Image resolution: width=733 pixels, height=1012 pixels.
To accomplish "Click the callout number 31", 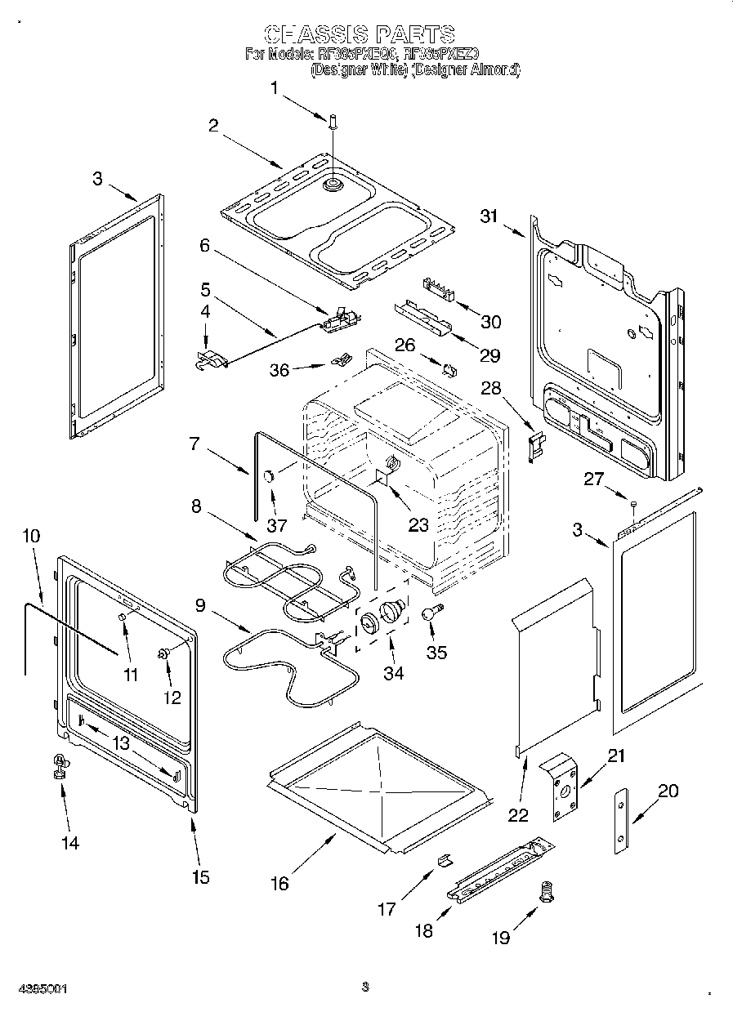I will point(489,216).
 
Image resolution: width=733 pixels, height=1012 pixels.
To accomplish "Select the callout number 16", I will point(279,883).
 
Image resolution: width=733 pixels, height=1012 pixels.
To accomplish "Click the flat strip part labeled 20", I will point(623,821).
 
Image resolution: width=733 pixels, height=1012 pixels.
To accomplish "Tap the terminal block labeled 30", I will point(440,288).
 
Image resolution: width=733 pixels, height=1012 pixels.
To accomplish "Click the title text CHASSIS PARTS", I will point(360,33).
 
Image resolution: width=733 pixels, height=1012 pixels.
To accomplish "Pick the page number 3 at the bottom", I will point(365,987).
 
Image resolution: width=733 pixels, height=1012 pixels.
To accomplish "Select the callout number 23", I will point(418,525).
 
